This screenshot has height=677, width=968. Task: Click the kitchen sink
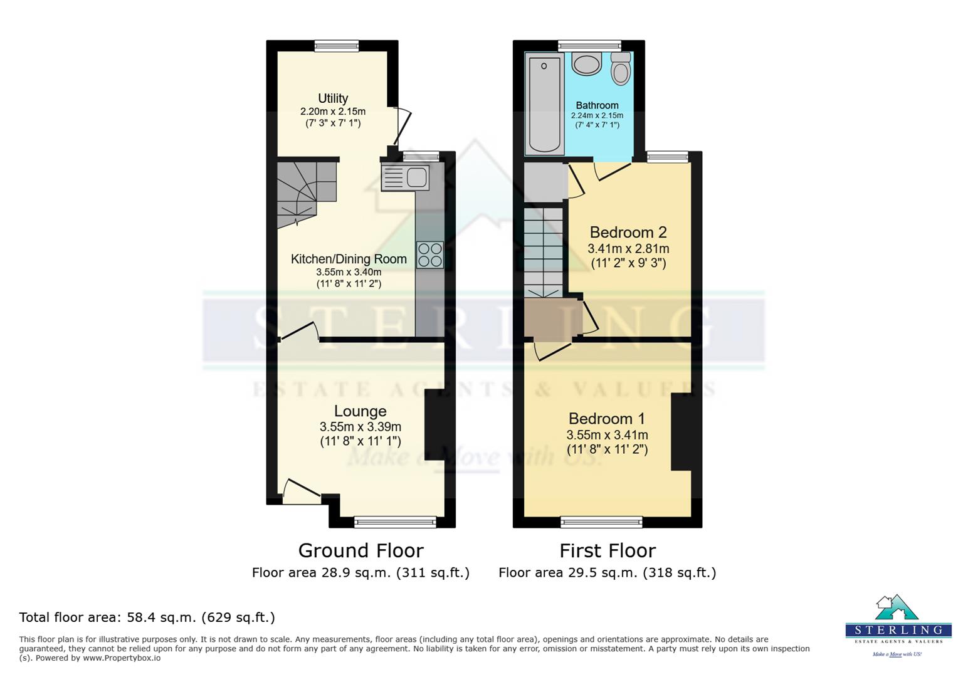tap(406, 177)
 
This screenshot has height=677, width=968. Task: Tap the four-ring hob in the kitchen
tap(429, 255)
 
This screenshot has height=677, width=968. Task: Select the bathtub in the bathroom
tap(544, 103)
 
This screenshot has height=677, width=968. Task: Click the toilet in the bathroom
tap(621, 68)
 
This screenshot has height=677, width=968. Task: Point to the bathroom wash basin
tap(587, 63)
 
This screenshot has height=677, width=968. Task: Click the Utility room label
tap(333, 98)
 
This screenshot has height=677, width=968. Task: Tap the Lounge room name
tap(360, 411)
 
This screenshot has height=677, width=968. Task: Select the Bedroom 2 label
tap(628, 233)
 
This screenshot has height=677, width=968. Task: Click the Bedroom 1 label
tap(606, 418)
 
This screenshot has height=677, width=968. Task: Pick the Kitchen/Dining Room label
tap(349, 259)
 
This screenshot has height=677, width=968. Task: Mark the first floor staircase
tap(544, 251)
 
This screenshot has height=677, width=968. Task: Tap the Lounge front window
tap(395, 522)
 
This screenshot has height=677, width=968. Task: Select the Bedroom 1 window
tap(601, 522)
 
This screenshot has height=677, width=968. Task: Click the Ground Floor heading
tap(360, 550)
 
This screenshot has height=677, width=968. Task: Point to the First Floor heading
tap(607, 550)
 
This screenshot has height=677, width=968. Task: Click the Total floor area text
tap(147, 617)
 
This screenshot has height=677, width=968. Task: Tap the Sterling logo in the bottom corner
tap(898, 624)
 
